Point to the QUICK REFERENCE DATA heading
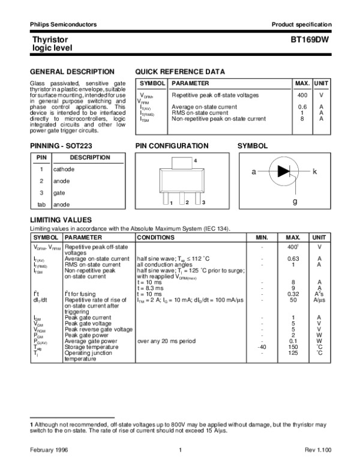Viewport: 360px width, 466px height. pos(180,71)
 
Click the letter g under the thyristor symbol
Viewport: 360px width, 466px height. pos(295,202)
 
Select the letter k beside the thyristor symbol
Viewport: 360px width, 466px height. pos(314,172)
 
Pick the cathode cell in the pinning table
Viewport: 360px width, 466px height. pos(64,169)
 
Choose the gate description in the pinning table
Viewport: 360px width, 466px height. pos(59,193)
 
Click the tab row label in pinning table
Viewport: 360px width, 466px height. pos(41,204)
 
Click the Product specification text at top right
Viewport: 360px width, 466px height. pos(301,24)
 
